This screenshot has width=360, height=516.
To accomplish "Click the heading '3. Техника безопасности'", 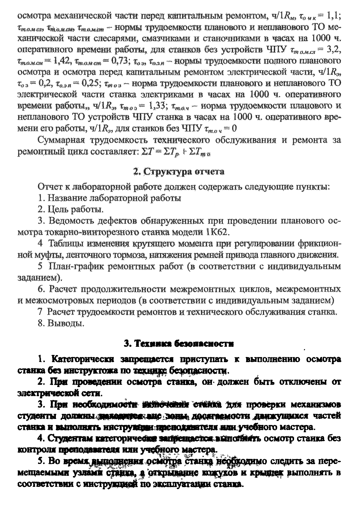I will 179,344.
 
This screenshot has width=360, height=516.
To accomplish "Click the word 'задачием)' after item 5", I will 40,278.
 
